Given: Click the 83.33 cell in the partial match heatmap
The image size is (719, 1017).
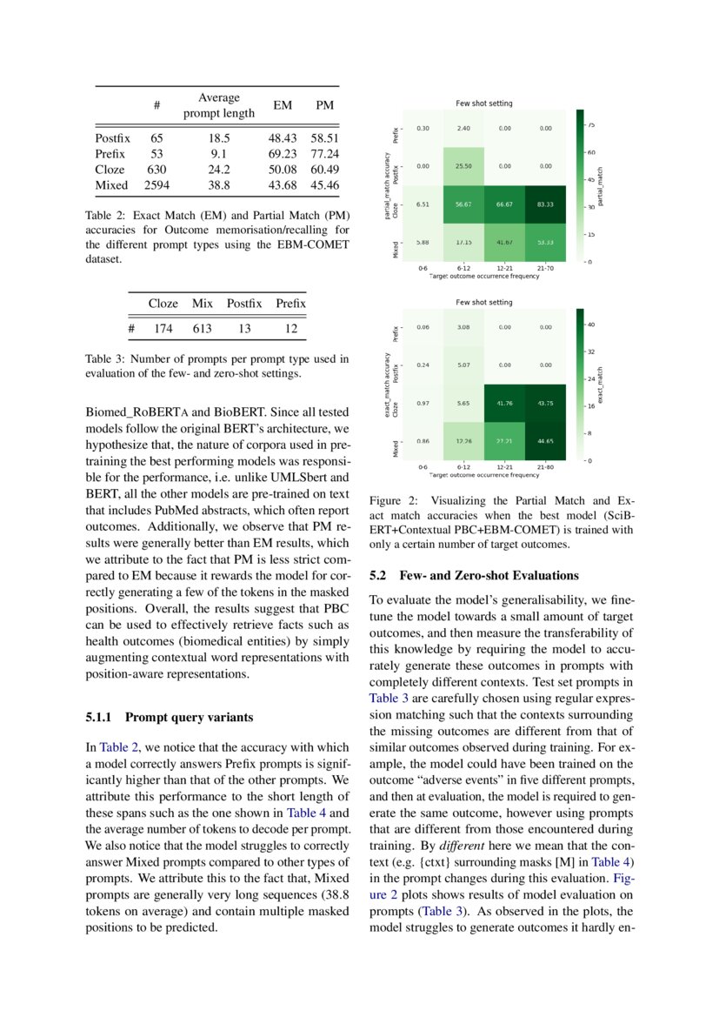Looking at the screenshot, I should click(545, 205).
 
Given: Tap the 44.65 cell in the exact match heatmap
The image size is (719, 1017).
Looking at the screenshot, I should click(545, 441).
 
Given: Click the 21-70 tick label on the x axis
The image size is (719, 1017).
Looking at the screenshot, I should click(545, 268).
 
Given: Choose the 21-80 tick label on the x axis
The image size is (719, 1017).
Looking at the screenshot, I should click(545, 467).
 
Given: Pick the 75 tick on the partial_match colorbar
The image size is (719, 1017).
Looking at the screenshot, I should click(591, 125).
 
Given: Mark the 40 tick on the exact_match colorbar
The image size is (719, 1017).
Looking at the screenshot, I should click(591, 325).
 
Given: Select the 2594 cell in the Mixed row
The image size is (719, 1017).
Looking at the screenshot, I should click(156, 185).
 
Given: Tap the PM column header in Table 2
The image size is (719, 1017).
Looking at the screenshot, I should click(324, 105).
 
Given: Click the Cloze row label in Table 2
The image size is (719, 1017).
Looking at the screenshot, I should click(110, 170).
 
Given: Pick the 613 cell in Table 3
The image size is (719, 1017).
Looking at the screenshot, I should click(203, 329).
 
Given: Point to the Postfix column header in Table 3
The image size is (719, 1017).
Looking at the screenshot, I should click(244, 304).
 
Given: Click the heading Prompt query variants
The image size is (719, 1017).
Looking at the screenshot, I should click(190, 718).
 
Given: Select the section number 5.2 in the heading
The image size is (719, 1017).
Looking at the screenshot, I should click(380, 576).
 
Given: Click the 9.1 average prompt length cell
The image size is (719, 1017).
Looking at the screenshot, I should click(219, 153).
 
